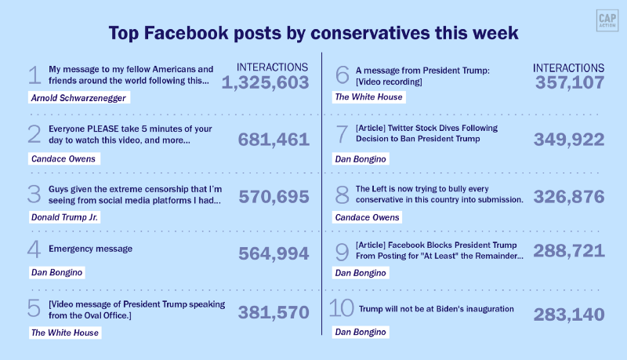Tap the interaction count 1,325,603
pos(266,82)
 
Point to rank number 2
pos(34,134)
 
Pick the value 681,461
pos(274,140)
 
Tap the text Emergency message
pos(90,249)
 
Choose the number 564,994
pos(274,254)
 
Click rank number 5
pos(34,308)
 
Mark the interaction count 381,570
pos(274,312)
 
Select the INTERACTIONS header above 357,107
pos(568,68)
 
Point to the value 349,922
pos(569,140)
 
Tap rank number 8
pos(341,195)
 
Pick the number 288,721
pos(569,251)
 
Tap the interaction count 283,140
pos(569,315)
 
